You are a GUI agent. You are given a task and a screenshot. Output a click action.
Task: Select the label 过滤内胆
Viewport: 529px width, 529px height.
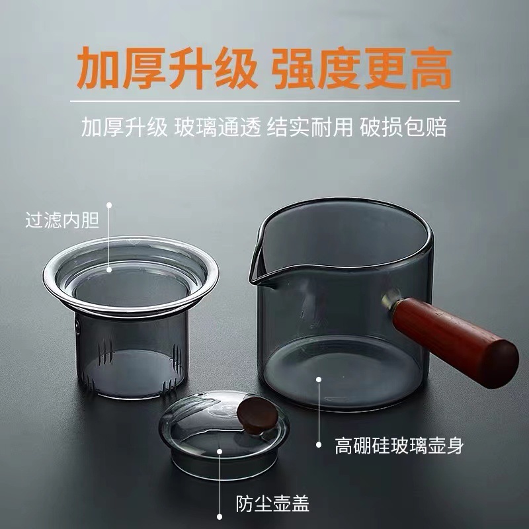coord(62,220)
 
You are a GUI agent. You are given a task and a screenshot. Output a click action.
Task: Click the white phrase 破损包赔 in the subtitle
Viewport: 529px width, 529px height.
coord(403,127)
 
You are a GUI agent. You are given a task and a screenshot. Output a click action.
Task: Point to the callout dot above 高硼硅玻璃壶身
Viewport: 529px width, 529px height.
coord(319,380)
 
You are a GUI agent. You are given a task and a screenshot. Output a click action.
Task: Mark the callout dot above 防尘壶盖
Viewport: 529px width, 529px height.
coord(222,452)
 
